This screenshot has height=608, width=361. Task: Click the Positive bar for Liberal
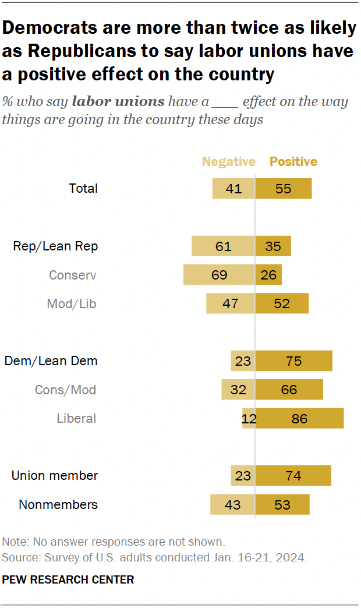click(299, 418)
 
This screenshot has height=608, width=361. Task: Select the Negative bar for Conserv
click(219, 275)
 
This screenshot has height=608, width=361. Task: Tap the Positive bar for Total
click(284, 189)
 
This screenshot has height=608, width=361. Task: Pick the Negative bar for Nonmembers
click(232, 504)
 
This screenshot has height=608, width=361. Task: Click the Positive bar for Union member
click(293, 476)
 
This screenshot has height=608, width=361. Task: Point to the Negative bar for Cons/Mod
click(238, 390)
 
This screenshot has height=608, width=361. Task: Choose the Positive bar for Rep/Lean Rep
click(273, 246)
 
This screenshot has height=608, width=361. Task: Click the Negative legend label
click(228, 162)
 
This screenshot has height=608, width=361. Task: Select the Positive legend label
click(293, 162)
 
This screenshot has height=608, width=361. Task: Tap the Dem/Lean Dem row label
click(51, 361)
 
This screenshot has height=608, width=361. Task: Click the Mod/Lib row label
click(72, 303)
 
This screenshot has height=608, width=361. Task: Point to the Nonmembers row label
click(58, 504)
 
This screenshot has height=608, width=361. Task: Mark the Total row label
click(83, 189)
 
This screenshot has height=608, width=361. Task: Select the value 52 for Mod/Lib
click(281, 303)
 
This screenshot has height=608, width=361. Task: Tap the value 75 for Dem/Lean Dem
click(293, 361)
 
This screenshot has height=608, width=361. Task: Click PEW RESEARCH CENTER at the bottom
click(68, 579)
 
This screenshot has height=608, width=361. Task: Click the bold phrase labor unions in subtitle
click(118, 102)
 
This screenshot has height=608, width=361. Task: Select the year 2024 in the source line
click(293, 557)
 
